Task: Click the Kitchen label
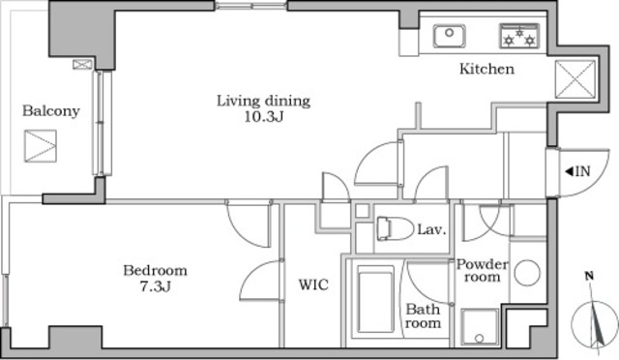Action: click(486, 69)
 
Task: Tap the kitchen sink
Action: click(449, 36)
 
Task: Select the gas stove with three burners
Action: click(519, 36)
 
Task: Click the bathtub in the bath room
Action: click(376, 299)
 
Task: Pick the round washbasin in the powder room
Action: click(527, 273)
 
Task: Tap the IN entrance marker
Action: click(577, 171)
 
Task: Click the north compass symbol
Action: click(595, 316)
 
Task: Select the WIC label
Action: click(313, 285)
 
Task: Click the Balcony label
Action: click(51, 111)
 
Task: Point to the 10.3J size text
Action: click(264, 117)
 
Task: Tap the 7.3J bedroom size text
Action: click(155, 286)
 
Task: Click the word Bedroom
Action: click(155, 271)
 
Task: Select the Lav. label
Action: click(431, 229)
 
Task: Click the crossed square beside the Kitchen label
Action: click(575, 79)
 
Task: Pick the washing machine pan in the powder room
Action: click(481, 327)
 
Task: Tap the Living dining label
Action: click(263, 102)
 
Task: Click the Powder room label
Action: click(483, 271)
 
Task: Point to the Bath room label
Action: click(423, 316)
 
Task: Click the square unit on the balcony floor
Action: click(41, 146)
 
